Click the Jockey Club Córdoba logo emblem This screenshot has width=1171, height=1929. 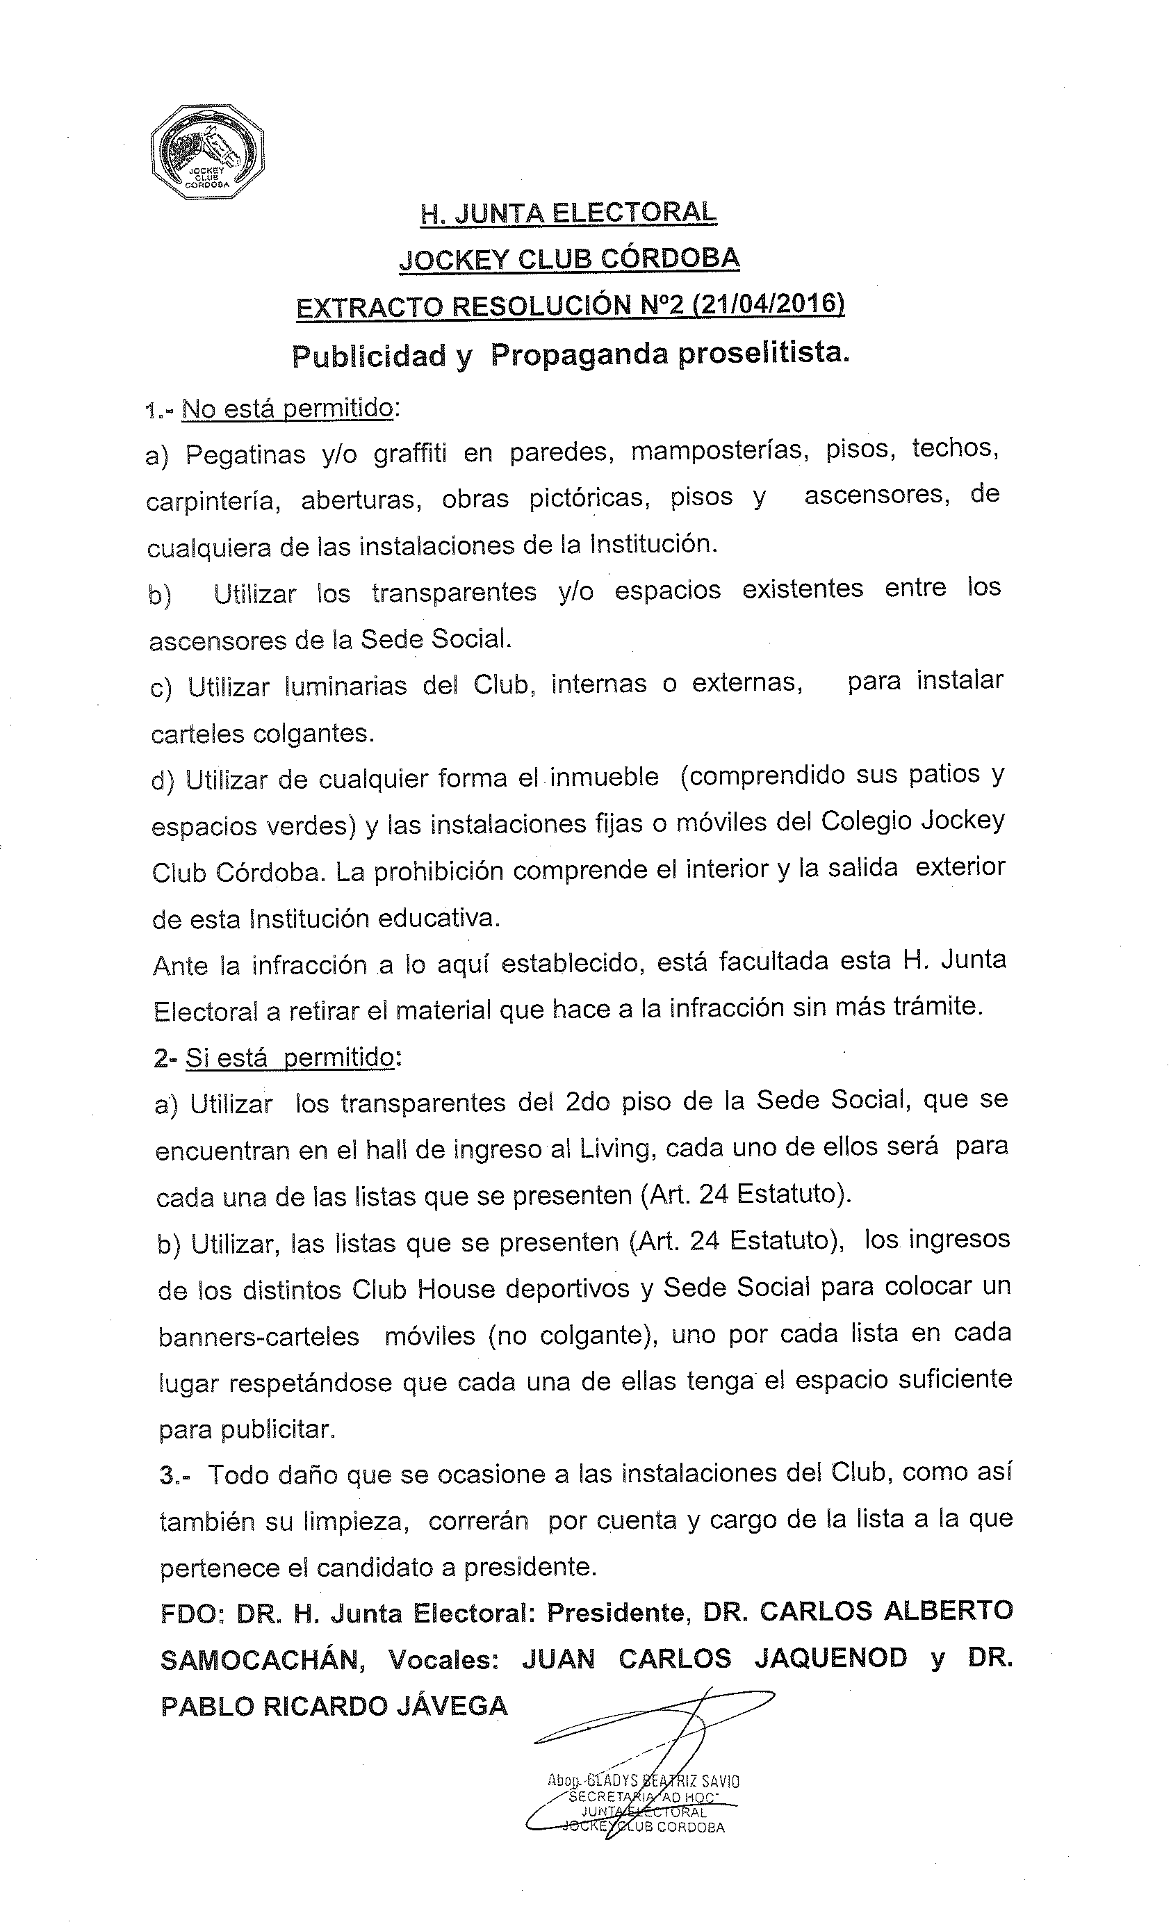click(206, 153)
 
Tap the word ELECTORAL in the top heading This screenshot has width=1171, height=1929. click(634, 213)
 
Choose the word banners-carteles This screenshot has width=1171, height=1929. click(259, 1336)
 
